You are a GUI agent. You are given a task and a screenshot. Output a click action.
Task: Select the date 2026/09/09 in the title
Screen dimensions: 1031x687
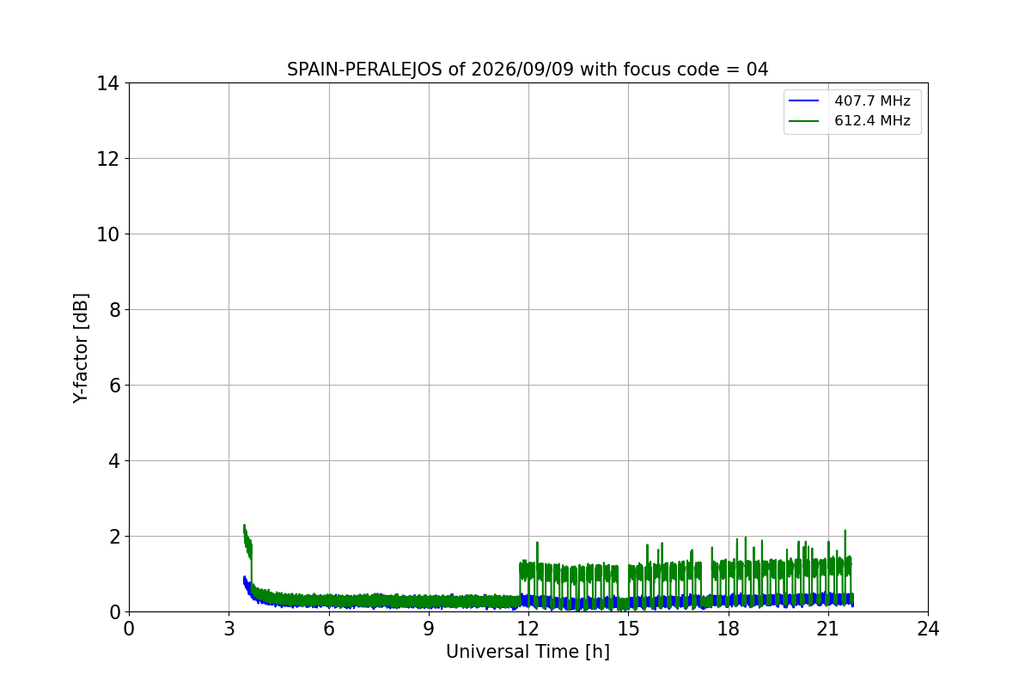point(522,70)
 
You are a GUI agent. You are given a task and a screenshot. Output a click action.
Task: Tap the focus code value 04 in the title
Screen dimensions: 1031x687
point(757,70)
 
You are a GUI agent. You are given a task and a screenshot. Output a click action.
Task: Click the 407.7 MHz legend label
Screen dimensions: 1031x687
point(872,100)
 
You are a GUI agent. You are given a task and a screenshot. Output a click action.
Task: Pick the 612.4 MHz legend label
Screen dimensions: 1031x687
point(872,120)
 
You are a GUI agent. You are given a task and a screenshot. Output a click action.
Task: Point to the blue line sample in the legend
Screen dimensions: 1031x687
point(803,100)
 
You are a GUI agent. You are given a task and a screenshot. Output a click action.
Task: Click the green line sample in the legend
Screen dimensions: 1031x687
point(803,121)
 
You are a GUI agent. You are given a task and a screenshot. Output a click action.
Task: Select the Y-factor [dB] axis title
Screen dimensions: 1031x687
point(80,349)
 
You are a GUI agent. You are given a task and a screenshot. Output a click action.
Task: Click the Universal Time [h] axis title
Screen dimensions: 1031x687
point(528,652)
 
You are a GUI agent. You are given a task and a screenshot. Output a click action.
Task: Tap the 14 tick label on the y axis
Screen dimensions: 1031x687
point(107,84)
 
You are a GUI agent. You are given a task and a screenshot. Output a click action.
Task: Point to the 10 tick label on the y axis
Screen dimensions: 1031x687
point(107,234)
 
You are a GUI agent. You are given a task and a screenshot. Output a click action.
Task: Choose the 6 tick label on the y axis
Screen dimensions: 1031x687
point(114,386)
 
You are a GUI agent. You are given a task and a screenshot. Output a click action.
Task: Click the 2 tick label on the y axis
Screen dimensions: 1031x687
point(114,537)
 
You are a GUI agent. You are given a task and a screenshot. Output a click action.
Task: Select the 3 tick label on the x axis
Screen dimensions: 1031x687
point(229,629)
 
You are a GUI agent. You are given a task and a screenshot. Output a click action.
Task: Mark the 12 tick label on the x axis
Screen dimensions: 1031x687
point(528,629)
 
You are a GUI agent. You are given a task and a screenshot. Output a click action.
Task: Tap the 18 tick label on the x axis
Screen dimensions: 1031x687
point(729,629)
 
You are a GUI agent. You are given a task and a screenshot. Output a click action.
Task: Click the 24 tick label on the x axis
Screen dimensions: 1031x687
point(928,629)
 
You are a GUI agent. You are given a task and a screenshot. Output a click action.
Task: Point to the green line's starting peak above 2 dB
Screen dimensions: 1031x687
point(244,525)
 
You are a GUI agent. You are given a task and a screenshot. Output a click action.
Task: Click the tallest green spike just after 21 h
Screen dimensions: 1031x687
point(845,531)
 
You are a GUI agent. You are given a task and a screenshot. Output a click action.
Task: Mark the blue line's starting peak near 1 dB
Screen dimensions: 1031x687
point(244,576)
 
